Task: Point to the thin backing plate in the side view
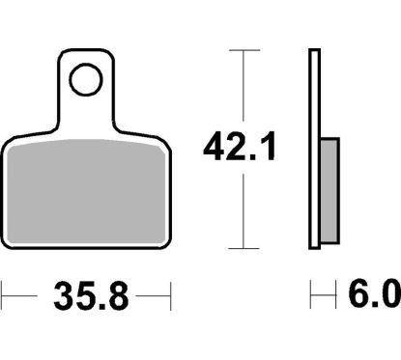[x=314, y=145]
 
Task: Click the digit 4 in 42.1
[x=214, y=147]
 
